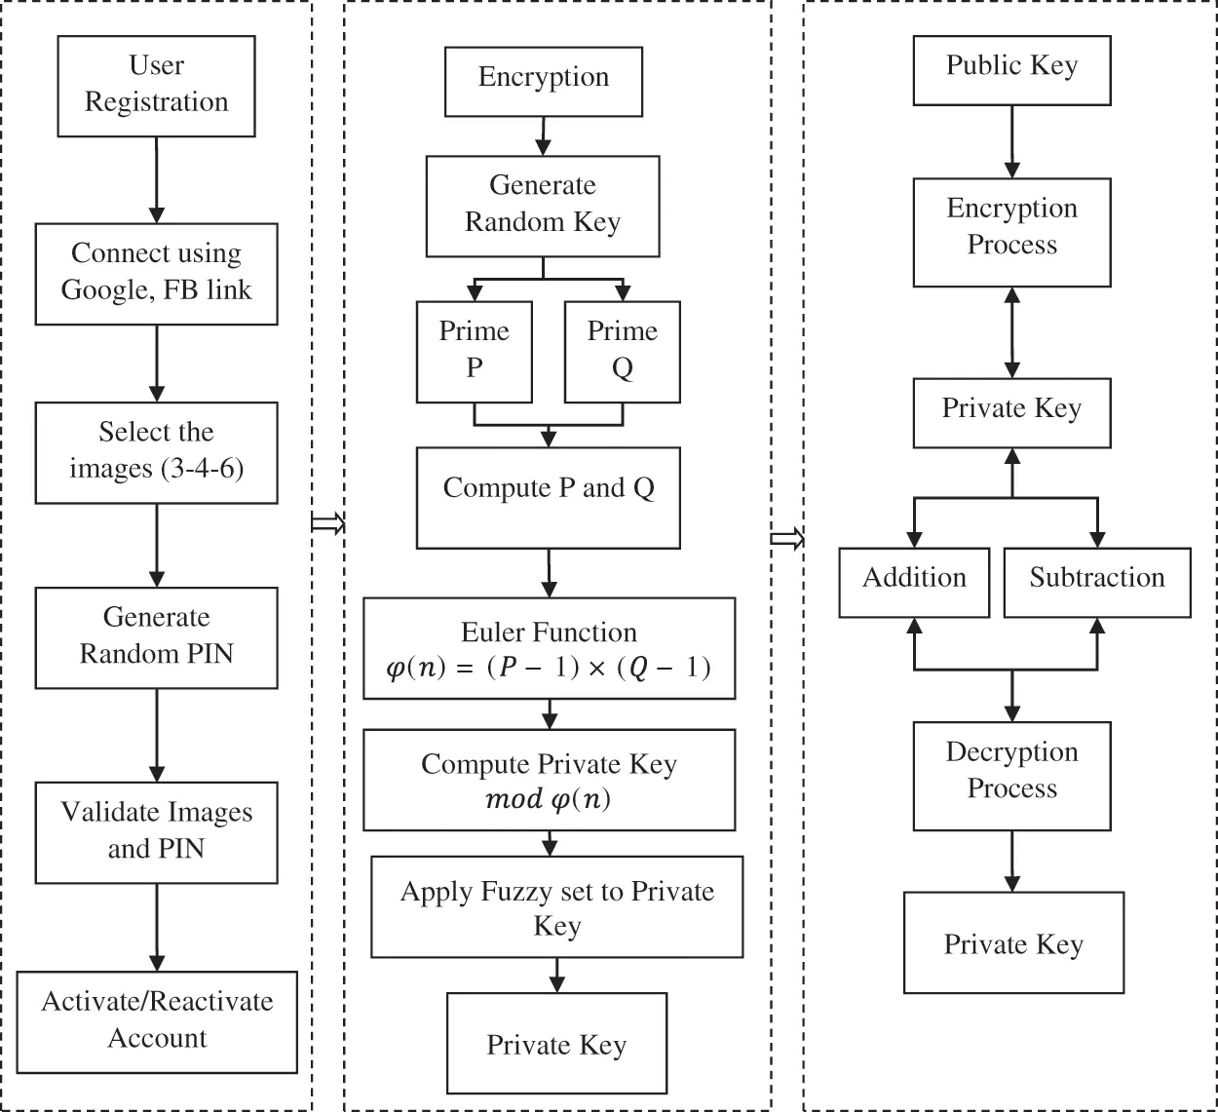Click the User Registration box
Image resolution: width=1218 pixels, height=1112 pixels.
click(x=156, y=86)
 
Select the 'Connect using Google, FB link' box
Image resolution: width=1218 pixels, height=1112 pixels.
click(x=156, y=273)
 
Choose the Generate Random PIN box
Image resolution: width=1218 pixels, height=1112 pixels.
click(x=156, y=636)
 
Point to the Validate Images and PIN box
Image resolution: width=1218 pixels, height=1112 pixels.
click(x=156, y=831)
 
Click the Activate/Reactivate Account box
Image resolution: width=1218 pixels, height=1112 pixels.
click(x=157, y=1020)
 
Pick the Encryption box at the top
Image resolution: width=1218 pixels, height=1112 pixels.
click(x=543, y=79)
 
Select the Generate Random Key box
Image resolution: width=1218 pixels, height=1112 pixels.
click(x=542, y=205)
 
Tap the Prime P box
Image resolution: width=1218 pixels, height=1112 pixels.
click(x=474, y=351)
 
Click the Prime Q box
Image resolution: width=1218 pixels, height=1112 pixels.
click(x=622, y=351)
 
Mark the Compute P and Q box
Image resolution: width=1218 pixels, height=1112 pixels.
click(x=548, y=497)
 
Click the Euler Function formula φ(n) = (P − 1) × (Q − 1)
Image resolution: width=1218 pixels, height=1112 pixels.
click(x=549, y=668)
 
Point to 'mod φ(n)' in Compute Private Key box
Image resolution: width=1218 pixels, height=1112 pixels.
click(x=548, y=800)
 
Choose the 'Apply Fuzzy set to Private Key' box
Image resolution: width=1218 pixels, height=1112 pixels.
click(x=556, y=907)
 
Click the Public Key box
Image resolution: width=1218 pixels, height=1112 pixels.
click(x=1011, y=69)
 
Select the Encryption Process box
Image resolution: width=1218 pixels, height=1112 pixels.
click(x=1011, y=231)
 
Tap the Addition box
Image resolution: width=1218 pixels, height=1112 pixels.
click(x=914, y=581)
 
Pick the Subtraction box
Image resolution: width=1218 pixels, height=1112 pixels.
click(x=1096, y=581)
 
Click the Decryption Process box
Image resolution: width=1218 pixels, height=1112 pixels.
click(x=1011, y=775)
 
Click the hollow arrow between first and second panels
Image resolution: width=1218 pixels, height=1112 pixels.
click(x=327, y=523)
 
